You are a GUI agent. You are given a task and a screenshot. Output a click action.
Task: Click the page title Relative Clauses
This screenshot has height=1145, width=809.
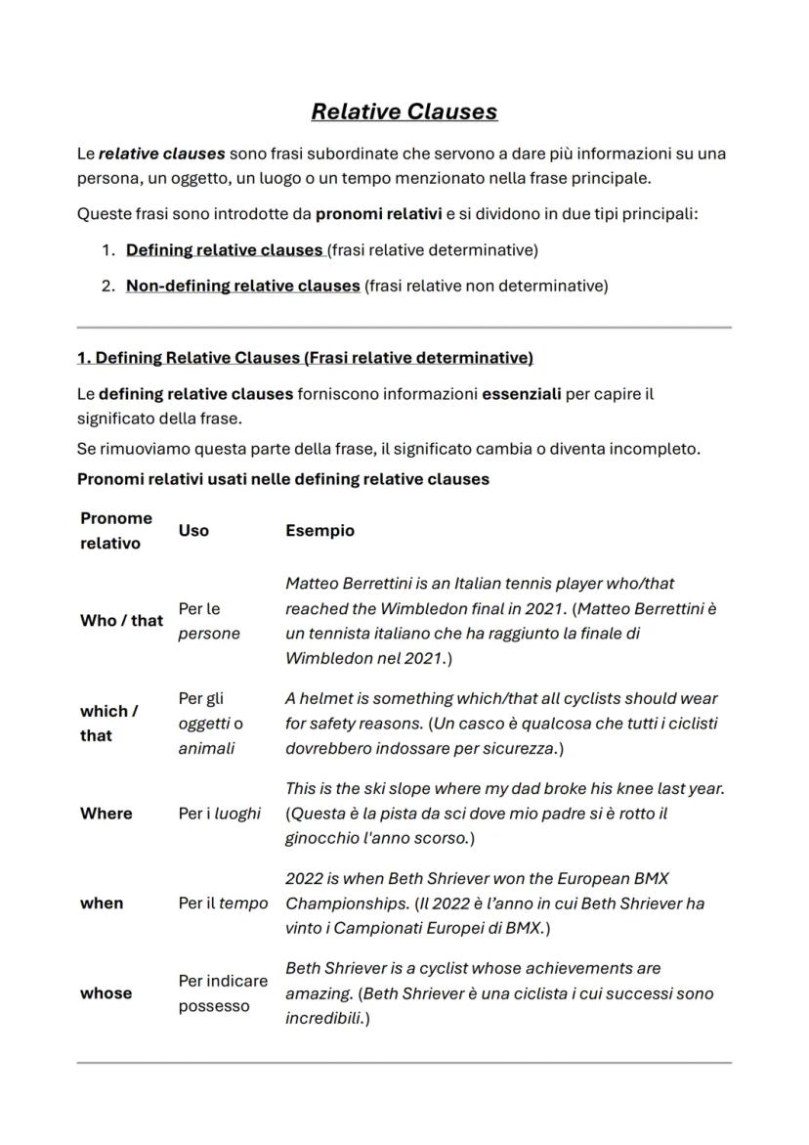404,111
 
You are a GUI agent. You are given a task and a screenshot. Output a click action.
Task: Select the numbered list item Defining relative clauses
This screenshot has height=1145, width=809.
225,250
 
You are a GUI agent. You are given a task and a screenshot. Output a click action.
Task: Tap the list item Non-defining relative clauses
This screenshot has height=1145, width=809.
242,286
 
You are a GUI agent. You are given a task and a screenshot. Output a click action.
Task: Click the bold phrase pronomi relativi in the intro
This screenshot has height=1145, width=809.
378,214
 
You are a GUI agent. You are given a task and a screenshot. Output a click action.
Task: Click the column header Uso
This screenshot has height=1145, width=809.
193,530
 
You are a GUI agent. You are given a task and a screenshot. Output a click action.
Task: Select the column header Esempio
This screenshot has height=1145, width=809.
319,530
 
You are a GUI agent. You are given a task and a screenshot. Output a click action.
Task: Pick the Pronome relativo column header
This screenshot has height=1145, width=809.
116,530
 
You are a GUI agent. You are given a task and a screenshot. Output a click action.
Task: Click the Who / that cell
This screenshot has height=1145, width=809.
121,620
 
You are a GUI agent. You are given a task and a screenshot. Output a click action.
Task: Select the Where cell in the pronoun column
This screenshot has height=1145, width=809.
106,814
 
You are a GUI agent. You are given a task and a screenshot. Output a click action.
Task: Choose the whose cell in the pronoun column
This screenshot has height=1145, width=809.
106,992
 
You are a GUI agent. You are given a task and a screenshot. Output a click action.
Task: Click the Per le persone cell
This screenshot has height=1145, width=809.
208,621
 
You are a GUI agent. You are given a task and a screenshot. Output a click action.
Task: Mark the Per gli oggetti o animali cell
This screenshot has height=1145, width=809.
210,724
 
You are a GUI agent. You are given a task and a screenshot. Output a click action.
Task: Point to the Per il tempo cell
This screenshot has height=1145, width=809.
222,903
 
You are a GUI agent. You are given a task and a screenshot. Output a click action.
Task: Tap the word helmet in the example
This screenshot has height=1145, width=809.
326,698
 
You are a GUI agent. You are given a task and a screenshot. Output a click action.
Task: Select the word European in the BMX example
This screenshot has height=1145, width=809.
573,878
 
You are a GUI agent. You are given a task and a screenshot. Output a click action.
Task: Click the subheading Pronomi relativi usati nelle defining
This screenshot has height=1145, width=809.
282,479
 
